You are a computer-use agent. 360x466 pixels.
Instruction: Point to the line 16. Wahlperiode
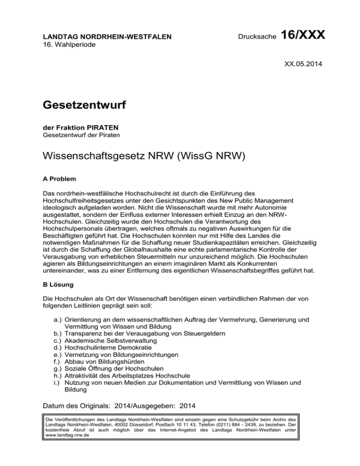pyautogui.click(x=67, y=44)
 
